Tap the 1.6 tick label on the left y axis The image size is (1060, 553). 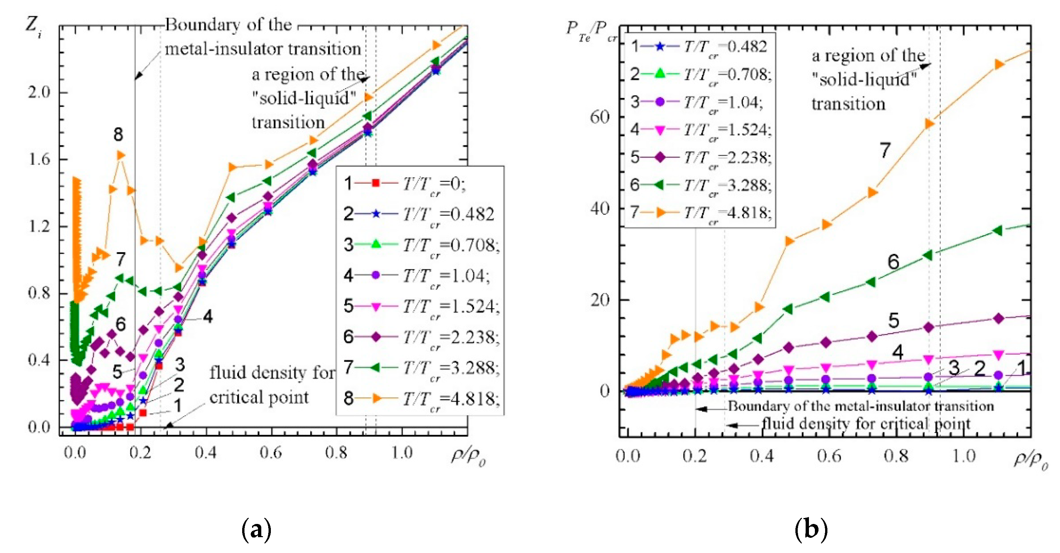pyautogui.click(x=39, y=160)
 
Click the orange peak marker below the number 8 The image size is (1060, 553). pyautogui.click(x=120, y=155)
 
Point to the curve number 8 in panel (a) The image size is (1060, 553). pyautogui.click(x=118, y=135)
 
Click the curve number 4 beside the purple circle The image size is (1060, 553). pyautogui.click(x=208, y=317)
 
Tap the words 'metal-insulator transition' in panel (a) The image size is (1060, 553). pyautogui.click(x=263, y=49)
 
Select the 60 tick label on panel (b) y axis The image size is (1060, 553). pyautogui.click(x=599, y=117)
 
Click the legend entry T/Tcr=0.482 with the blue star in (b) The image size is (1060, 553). pyautogui.click(x=699, y=47)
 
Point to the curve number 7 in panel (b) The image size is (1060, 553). pyautogui.click(x=885, y=150)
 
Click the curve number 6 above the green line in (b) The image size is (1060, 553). pyautogui.click(x=893, y=262)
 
